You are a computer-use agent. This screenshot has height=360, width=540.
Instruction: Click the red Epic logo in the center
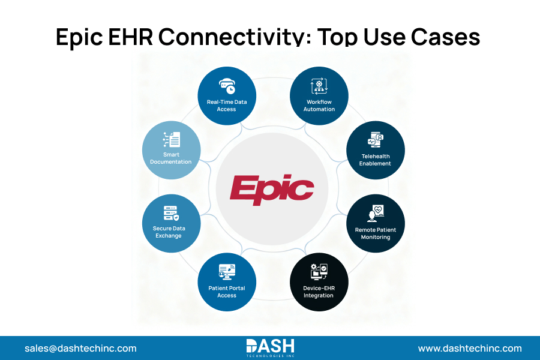coord(271,190)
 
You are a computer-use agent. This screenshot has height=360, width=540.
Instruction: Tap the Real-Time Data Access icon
coord(227,86)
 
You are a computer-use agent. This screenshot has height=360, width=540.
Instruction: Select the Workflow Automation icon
coord(318,86)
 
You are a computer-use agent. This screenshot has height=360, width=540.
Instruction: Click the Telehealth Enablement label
coord(376,160)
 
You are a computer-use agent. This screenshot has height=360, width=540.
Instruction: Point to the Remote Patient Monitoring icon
coord(376,213)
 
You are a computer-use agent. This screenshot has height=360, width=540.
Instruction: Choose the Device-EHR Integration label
coord(319,292)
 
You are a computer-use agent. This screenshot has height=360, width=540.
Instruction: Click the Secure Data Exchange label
coord(169,232)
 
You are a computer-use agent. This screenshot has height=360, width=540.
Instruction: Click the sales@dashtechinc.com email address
coord(80,348)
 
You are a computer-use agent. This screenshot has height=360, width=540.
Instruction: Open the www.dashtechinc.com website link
coord(470,348)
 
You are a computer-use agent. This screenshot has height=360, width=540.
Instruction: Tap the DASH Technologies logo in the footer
coord(270,348)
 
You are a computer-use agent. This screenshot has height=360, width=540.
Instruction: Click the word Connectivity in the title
coord(235,37)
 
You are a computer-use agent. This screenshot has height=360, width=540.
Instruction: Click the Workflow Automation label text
coord(319,106)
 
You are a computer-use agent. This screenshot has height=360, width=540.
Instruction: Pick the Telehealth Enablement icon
coord(376,141)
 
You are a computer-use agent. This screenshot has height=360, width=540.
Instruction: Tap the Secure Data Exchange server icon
coord(170,213)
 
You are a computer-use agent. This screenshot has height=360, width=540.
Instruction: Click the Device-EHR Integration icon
coord(318,271)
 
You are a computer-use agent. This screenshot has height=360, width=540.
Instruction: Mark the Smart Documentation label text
coord(171,158)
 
